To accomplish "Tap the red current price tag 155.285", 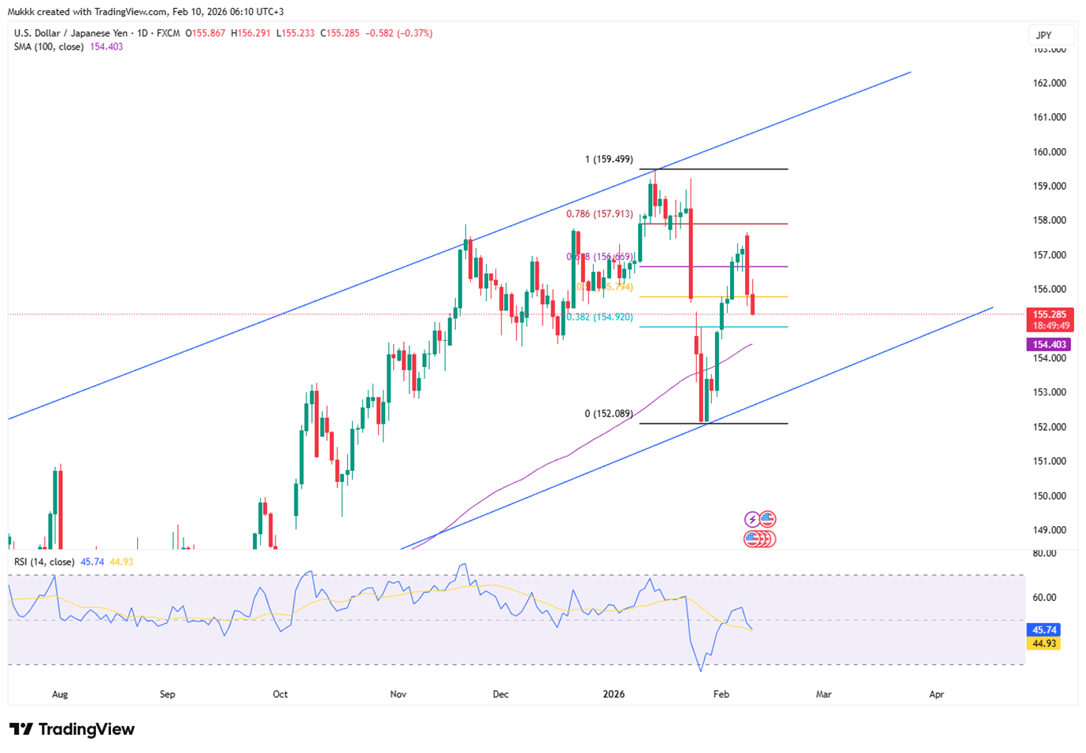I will tap(1051, 315).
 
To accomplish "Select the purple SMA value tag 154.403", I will tap(1049, 344).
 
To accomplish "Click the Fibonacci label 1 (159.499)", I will tap(609, 159).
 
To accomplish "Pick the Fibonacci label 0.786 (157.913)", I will tap(599, 213).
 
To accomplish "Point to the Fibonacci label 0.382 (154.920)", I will tap(599, 317).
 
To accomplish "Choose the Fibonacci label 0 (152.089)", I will tap(609, 414).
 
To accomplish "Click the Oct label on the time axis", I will tap(280, 694).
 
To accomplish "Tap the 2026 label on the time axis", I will tap(613, 694).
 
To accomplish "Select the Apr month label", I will tap(936, 694).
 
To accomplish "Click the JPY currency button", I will tap(1043, 35).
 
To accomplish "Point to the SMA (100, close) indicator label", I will tap(49, 46).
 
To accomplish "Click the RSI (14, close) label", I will tap(44, 562).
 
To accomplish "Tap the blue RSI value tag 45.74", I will tap(1044, 629).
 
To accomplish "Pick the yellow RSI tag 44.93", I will tap(1044, 644).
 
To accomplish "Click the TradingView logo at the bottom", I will tap(72, 729).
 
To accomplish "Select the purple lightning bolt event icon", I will tap(752, 519).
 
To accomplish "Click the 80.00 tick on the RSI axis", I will tap(1044, 553).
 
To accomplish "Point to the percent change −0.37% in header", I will tap(415, 33).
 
